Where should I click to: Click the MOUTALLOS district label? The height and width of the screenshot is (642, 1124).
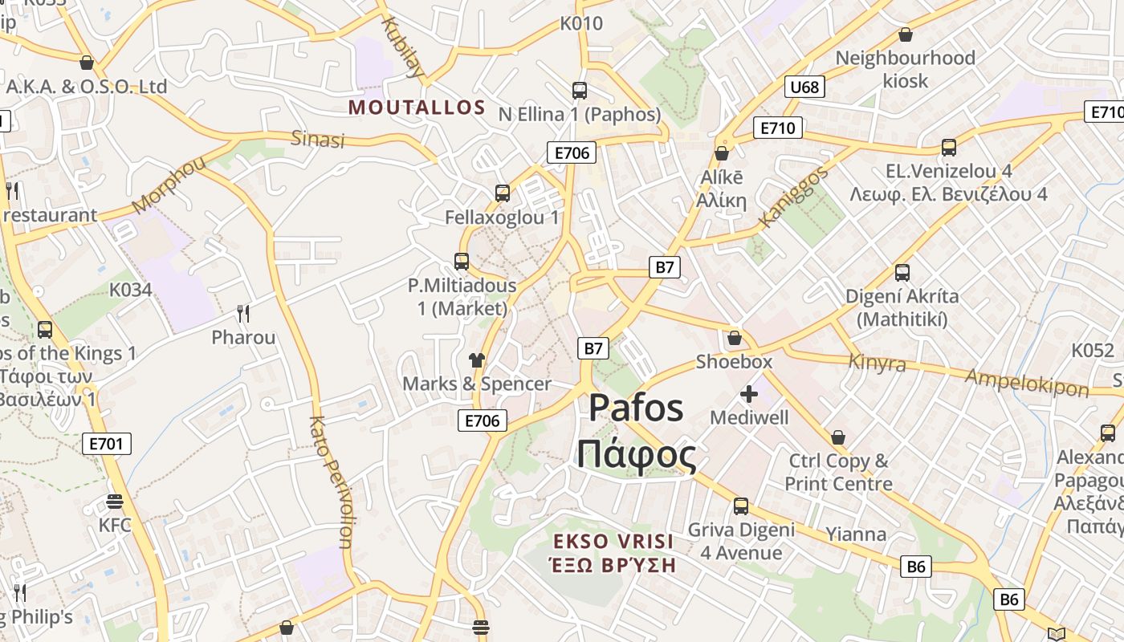[x=417, y=108]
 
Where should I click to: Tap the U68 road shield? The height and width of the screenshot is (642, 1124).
[x=804, y=87]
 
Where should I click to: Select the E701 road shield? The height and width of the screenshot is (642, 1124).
[x=106, y=443]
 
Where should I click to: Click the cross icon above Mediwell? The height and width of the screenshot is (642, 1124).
[x=748, y=394]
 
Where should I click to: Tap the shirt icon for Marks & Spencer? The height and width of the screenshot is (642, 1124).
[x=477, y=360]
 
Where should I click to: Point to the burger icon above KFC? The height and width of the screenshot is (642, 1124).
[x=115, y=502]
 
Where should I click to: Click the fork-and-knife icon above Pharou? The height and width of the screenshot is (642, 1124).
[x=243, y=314]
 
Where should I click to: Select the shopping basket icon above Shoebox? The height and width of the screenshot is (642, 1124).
[x=734, y=338]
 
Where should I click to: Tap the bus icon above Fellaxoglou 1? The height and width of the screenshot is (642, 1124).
[x=503, y=193]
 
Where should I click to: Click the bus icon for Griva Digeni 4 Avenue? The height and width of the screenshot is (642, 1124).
[x=740, y=506]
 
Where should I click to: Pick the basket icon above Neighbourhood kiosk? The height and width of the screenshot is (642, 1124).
[x=906, y=35]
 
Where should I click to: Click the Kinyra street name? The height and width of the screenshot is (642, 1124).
[x=877, y=363]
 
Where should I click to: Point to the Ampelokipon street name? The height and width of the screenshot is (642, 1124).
[x=1027, y=383]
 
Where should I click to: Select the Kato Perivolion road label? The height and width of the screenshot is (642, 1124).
[x=331, y=481]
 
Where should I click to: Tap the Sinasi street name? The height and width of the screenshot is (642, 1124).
[x=317, y=139]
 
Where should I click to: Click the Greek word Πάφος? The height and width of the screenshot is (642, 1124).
[x=637, y=456]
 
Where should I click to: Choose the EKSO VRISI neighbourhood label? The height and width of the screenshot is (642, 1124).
[x=613, y=541]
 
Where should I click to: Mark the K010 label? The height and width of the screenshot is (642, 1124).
[x=581, y=23]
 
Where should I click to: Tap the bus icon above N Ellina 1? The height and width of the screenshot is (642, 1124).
[x=580, y=91]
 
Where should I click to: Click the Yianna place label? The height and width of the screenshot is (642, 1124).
[x=856, y=534]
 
